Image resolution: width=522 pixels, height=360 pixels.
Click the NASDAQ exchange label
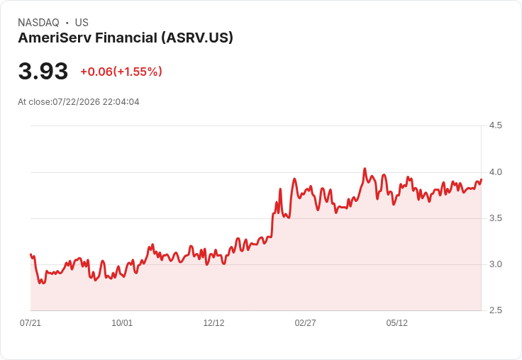(38, 23)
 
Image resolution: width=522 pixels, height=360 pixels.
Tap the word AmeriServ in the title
(55, 38)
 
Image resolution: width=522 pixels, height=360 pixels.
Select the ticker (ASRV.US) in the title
(197, 38)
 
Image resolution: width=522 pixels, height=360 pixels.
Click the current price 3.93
(43, 71)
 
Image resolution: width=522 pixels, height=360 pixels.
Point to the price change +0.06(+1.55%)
(121, 72)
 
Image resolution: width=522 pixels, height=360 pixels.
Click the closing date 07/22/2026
(76, 102)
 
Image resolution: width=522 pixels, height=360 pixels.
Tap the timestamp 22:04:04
(121, 102)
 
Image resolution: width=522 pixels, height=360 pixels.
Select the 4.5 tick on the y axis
(495, 125)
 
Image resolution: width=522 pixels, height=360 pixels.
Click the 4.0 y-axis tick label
(495, 172)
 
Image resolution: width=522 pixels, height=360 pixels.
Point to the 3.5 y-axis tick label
(495, 218)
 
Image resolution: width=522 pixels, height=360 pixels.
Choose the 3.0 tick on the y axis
(495, 264)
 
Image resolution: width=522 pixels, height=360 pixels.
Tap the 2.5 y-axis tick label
(495, 310)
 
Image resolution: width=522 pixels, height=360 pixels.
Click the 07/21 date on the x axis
(30, 323)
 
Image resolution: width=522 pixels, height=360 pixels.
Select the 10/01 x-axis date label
(122, 323)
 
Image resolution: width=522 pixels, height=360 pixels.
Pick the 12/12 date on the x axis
(213, 323)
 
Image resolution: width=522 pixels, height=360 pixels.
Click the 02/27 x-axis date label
(305, 323)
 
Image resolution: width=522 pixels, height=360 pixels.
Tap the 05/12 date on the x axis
(397, 323)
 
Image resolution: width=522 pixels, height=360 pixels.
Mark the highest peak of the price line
(365, 169)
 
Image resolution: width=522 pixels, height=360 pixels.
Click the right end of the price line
(482, 179)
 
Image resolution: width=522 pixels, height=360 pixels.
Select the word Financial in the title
(126, 38)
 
